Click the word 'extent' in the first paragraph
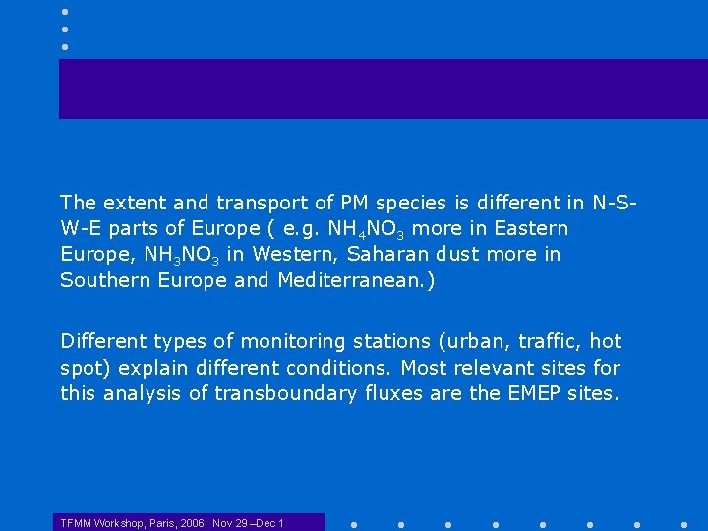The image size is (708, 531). point(131,204)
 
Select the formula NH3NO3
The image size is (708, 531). point(181,255)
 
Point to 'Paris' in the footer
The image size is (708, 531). point(162,522)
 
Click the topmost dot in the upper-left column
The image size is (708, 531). point(65,11)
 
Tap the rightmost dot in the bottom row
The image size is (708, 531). point(683,523)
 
